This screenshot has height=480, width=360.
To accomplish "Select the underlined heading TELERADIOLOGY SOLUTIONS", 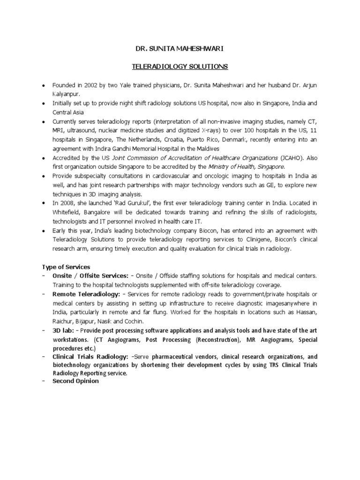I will [179, 67].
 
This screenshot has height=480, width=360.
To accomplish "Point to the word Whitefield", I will [67, 212].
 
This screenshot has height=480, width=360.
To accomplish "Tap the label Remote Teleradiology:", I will [86, 294].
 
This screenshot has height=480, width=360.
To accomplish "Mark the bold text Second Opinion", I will [75, 381].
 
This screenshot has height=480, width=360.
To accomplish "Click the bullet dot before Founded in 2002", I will [44, 86].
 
